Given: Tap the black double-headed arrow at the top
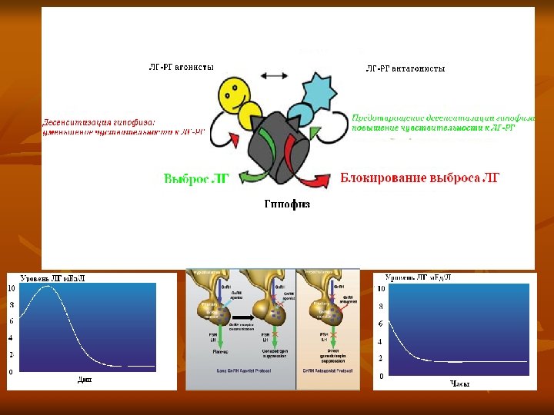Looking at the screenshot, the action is click(x=273, y=75).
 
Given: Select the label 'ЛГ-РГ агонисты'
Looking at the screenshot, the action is click(x=182, y=68).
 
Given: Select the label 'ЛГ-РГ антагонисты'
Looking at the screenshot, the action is click(x=405, y=68).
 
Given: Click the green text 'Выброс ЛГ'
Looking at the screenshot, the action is click(x=197, y=178).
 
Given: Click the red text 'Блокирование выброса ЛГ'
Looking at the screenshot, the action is click(x=420, y=178).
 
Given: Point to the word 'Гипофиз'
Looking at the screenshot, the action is click(x=287, y=204).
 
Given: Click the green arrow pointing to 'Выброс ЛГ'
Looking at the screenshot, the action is click(x=249, y=177).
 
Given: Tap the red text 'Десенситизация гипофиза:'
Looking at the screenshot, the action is click(x=98, y=121).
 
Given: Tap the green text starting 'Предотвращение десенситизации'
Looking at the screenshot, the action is click(x=443, y=118).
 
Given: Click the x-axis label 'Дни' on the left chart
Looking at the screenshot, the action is click(x=84, y=379).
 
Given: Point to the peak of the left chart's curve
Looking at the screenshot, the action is click(x=48, y=287).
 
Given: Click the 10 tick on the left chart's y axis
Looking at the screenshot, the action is click(x=11, y=288).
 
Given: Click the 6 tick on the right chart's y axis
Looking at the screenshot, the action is click(x=380, y=324).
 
